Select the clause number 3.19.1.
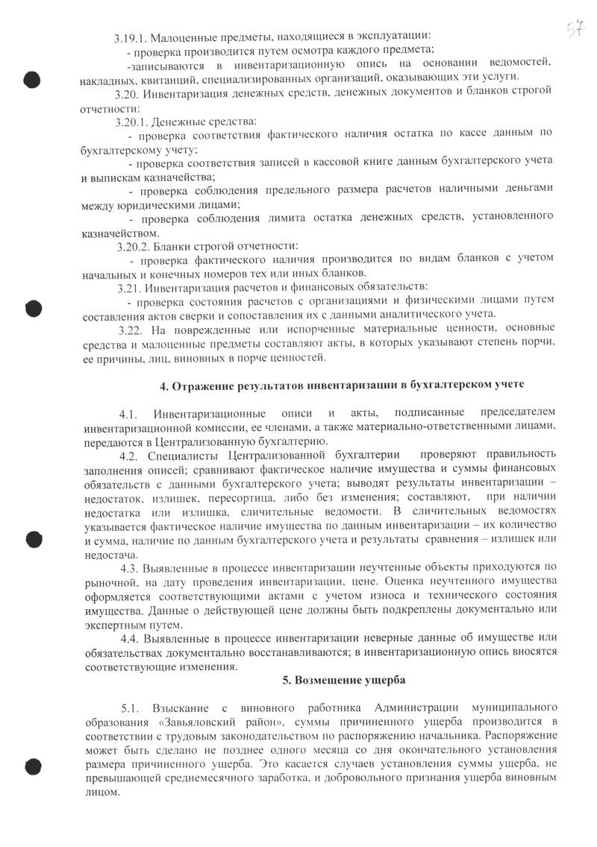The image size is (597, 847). point(132,37)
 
